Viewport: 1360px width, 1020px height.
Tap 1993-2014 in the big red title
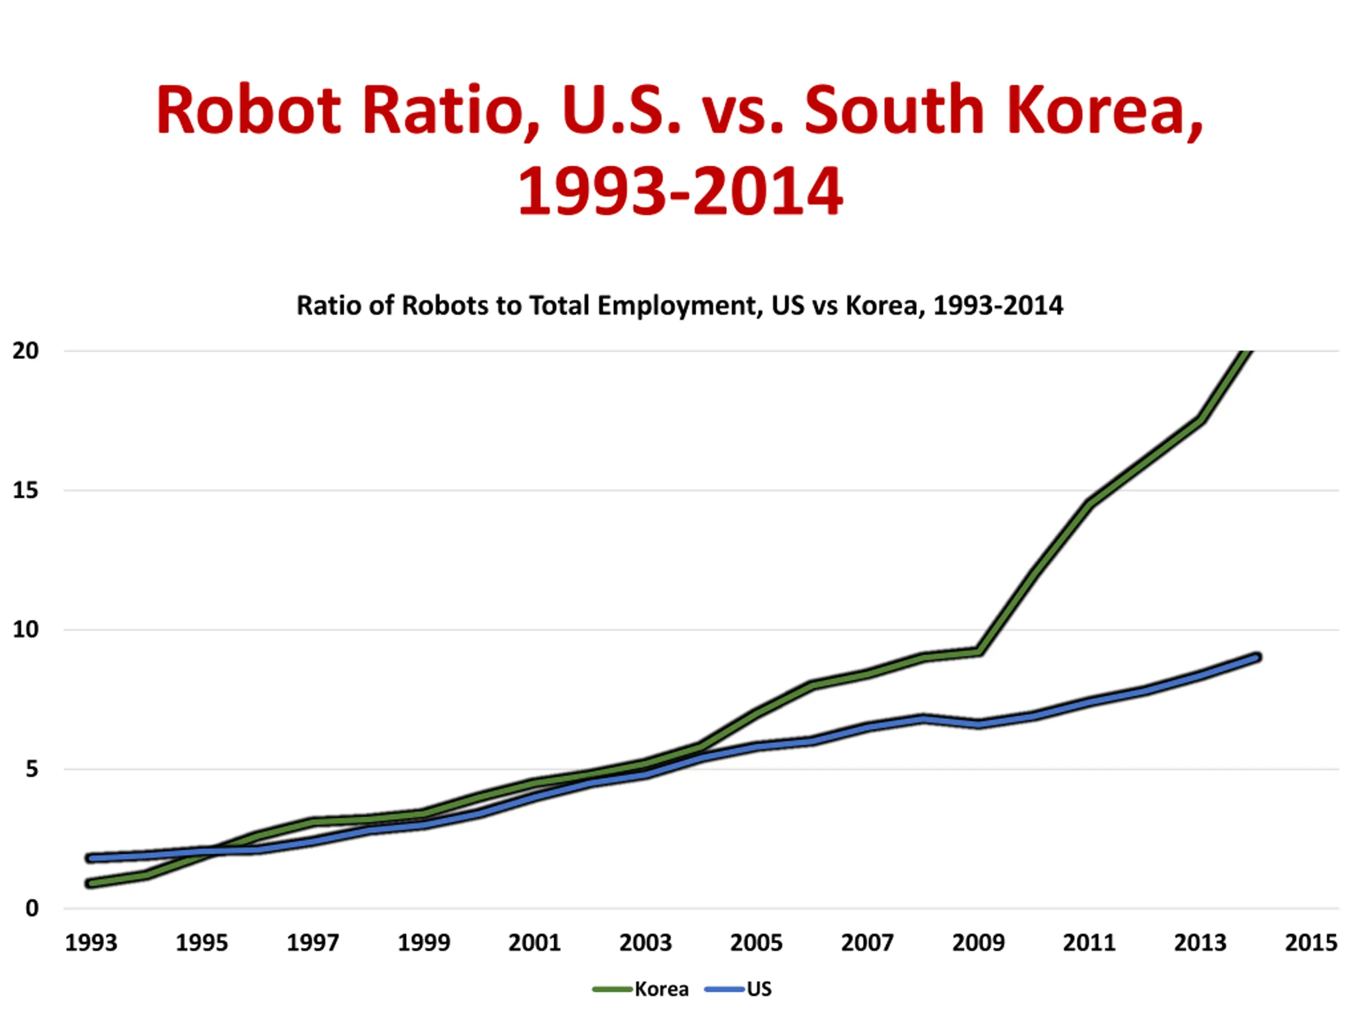point(679,192)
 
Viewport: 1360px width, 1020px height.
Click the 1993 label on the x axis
point(91,942)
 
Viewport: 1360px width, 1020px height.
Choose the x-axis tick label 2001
point(534,942)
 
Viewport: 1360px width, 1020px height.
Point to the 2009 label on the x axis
point(978,942)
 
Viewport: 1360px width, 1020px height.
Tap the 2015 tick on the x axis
point(1311,942)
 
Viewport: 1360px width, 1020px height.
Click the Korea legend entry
point(661,989)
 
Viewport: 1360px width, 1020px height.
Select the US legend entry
point(759,989)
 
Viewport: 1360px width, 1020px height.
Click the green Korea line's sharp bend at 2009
point(978,651)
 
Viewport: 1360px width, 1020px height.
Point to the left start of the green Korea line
point(91,883)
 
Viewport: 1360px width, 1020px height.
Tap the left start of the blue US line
point(91,857)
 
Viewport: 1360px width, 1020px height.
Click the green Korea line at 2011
point(1090,504)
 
